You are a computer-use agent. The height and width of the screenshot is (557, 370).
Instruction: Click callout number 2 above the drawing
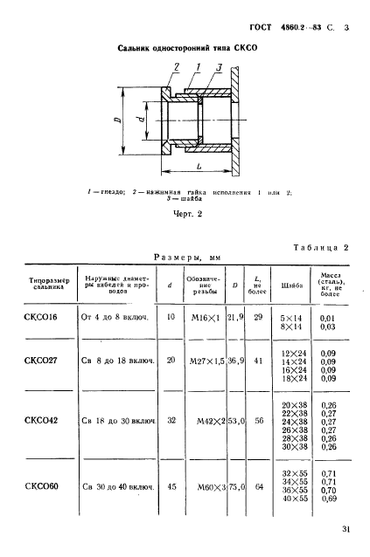pyautogui.click(x=177, y=66)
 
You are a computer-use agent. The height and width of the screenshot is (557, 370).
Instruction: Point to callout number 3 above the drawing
pyautogui.click(x=207, y=67)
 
